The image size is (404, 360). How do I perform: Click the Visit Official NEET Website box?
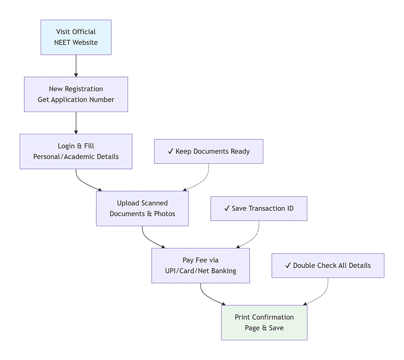(x=76, y=37)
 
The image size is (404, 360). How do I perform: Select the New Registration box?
(x=76, y=94)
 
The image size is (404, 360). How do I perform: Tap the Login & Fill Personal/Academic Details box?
(x=76, y=151)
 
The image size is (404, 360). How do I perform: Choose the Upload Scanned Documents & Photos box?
(x=142, y=208)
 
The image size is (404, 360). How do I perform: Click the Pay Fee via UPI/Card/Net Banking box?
(x=201, y=266)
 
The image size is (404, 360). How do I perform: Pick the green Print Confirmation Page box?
(x=264, y=323)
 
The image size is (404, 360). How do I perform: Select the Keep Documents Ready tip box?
(x=209, y=151)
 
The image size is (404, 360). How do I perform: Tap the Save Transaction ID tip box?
(x=259, y=209)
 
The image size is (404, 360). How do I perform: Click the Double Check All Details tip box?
(x=328, y=266)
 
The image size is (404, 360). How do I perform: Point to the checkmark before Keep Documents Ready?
(x=170, y=151)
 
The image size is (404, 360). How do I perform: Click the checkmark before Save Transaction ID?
(x=227, y=209)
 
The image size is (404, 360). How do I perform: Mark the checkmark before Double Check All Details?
(x=288, y=266)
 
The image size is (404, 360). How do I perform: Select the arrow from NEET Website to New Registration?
(x=76, y=66)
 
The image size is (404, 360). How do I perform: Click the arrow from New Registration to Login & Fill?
(x=76, y=123)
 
